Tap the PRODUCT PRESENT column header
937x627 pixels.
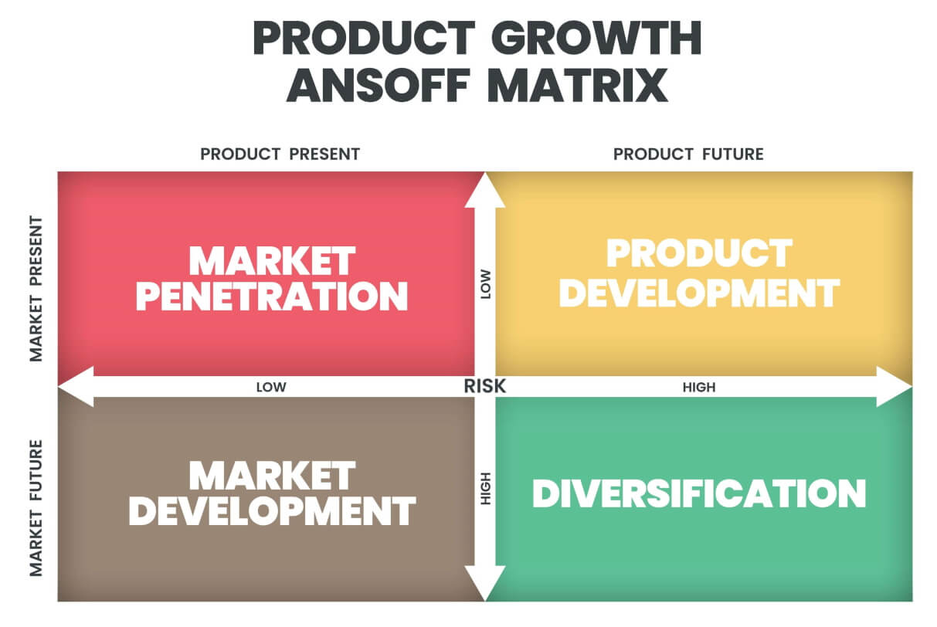click(280, 154)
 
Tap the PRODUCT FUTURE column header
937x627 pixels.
click(688, 154)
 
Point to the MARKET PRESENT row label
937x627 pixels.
click(36, 289)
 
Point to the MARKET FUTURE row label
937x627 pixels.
click(36, 508)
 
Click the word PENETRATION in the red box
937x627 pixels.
click(271, 296)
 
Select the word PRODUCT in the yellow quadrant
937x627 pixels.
click(699, 254)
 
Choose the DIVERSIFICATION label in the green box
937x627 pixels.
click(699, 493)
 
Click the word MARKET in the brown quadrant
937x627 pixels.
click(272, 476)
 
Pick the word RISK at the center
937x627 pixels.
click(485, 386)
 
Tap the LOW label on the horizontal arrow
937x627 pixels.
click(271, 387)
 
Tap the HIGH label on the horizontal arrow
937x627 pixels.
click(698, 387)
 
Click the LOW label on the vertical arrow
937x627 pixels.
click(485, 287)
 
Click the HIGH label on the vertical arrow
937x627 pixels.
click(485, 488)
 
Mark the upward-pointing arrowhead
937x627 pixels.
click(485, 189)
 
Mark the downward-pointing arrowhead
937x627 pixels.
click(485, 584)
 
